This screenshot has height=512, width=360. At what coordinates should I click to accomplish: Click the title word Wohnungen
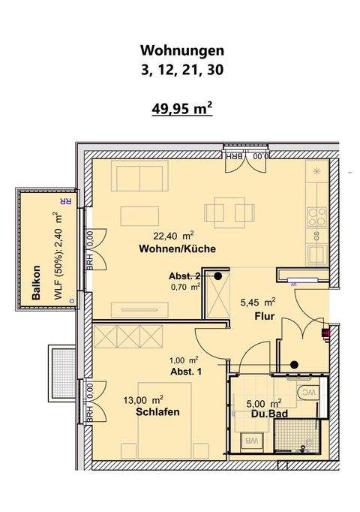coord(182,51)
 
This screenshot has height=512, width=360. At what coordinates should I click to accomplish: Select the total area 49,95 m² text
coord(182,109)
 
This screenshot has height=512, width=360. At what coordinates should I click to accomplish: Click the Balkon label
coord(35,284)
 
